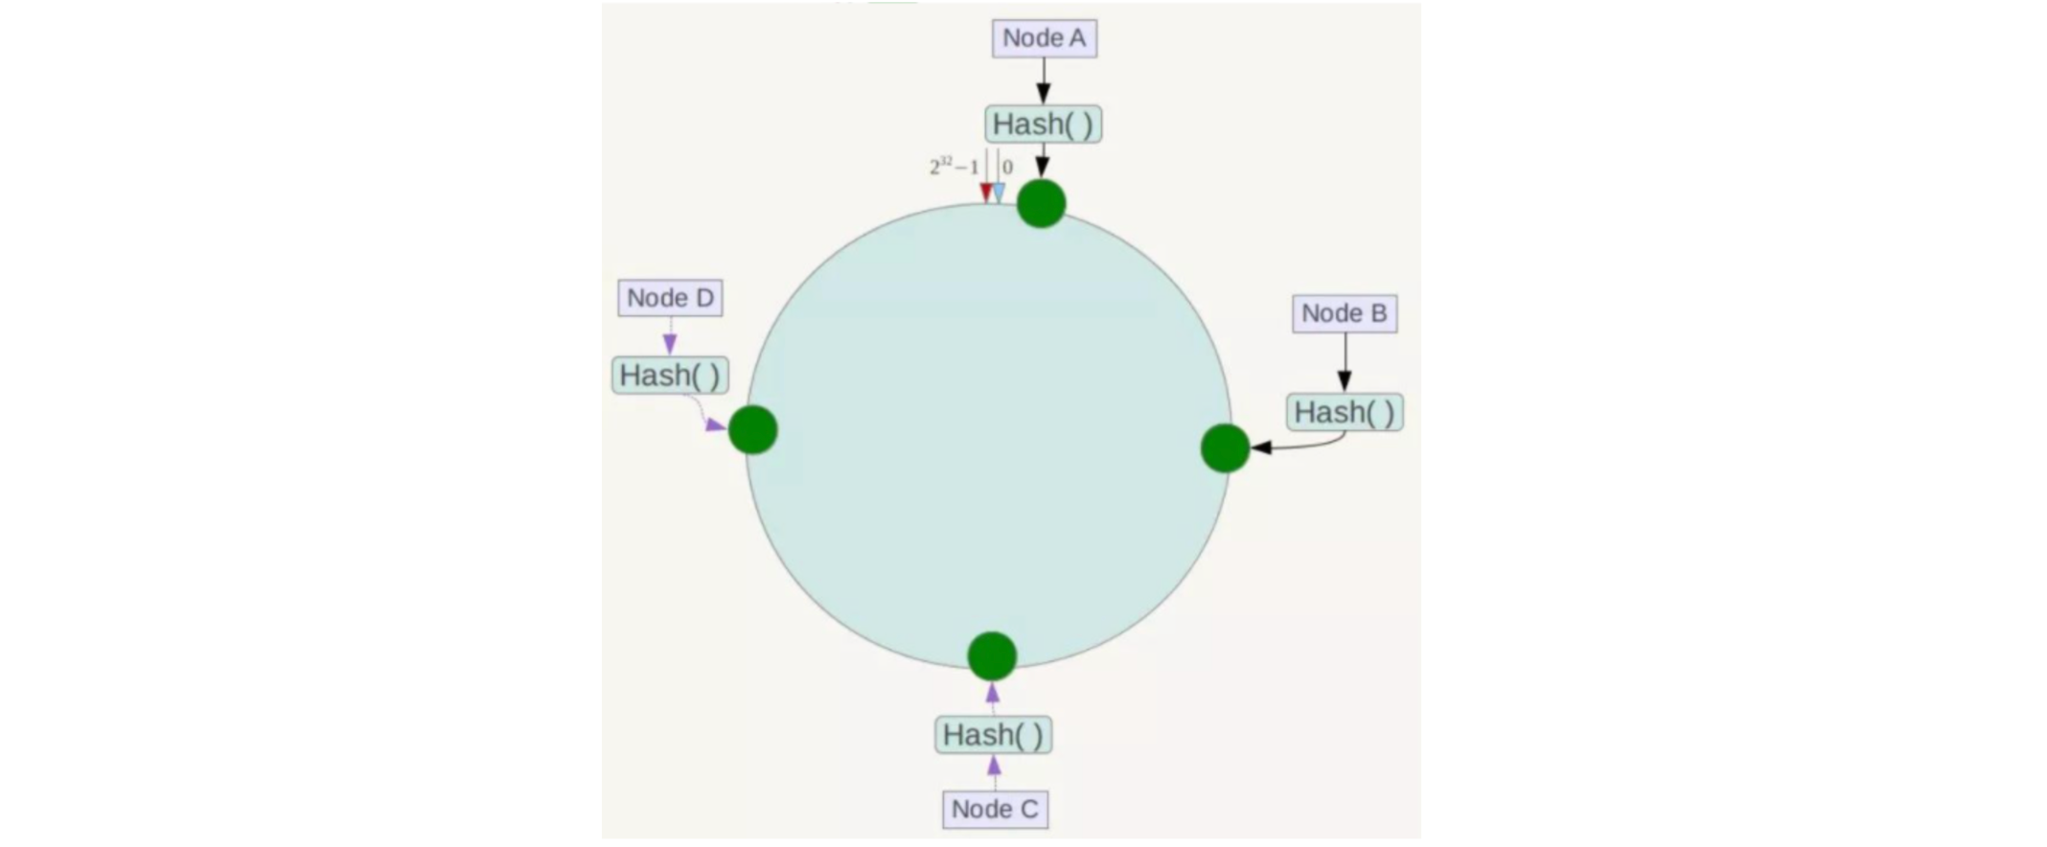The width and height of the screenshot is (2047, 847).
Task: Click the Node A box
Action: (x=1044, y=38)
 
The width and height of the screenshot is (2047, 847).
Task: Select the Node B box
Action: (x=1344, y=313)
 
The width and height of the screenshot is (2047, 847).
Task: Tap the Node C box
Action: (x=995, y=810)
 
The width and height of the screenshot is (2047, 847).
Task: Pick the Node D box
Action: (x=670, y=298)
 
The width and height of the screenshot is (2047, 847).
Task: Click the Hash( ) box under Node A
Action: (x=1043, y=125)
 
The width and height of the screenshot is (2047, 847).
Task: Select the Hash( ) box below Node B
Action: (x=1345, y=412)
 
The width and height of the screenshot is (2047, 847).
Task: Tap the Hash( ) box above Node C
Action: (x=993, y=735)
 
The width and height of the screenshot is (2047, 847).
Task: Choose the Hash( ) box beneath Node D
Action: (x=670, y=375)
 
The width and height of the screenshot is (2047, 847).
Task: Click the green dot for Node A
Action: (x=1041, y=203)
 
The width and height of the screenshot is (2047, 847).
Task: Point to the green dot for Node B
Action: (x=1225, y=447)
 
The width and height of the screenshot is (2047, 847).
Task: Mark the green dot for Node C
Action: (x=992, y=656)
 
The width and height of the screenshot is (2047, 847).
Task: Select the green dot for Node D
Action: (x=752, y=429)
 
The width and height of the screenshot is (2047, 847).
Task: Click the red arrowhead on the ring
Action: (x=985, y=193)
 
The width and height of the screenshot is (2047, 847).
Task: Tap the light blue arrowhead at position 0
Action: (x=999, y=193)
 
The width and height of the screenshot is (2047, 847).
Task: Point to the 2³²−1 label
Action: (x=954, y=168)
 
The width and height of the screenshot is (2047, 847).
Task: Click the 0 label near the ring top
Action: (x=1007, y=168)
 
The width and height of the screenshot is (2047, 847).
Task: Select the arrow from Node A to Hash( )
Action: (x=1044, y=80)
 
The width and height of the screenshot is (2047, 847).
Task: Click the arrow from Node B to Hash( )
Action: (x=1345, y=362)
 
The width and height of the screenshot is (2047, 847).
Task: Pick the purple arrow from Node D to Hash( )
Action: (x=670, y=336)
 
